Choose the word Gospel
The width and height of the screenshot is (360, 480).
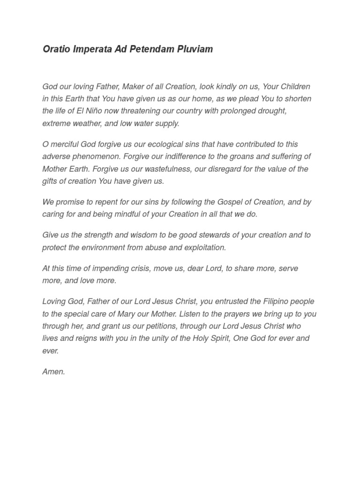[x=230, y=202]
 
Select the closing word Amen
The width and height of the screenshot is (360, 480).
[x=54, y=372]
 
